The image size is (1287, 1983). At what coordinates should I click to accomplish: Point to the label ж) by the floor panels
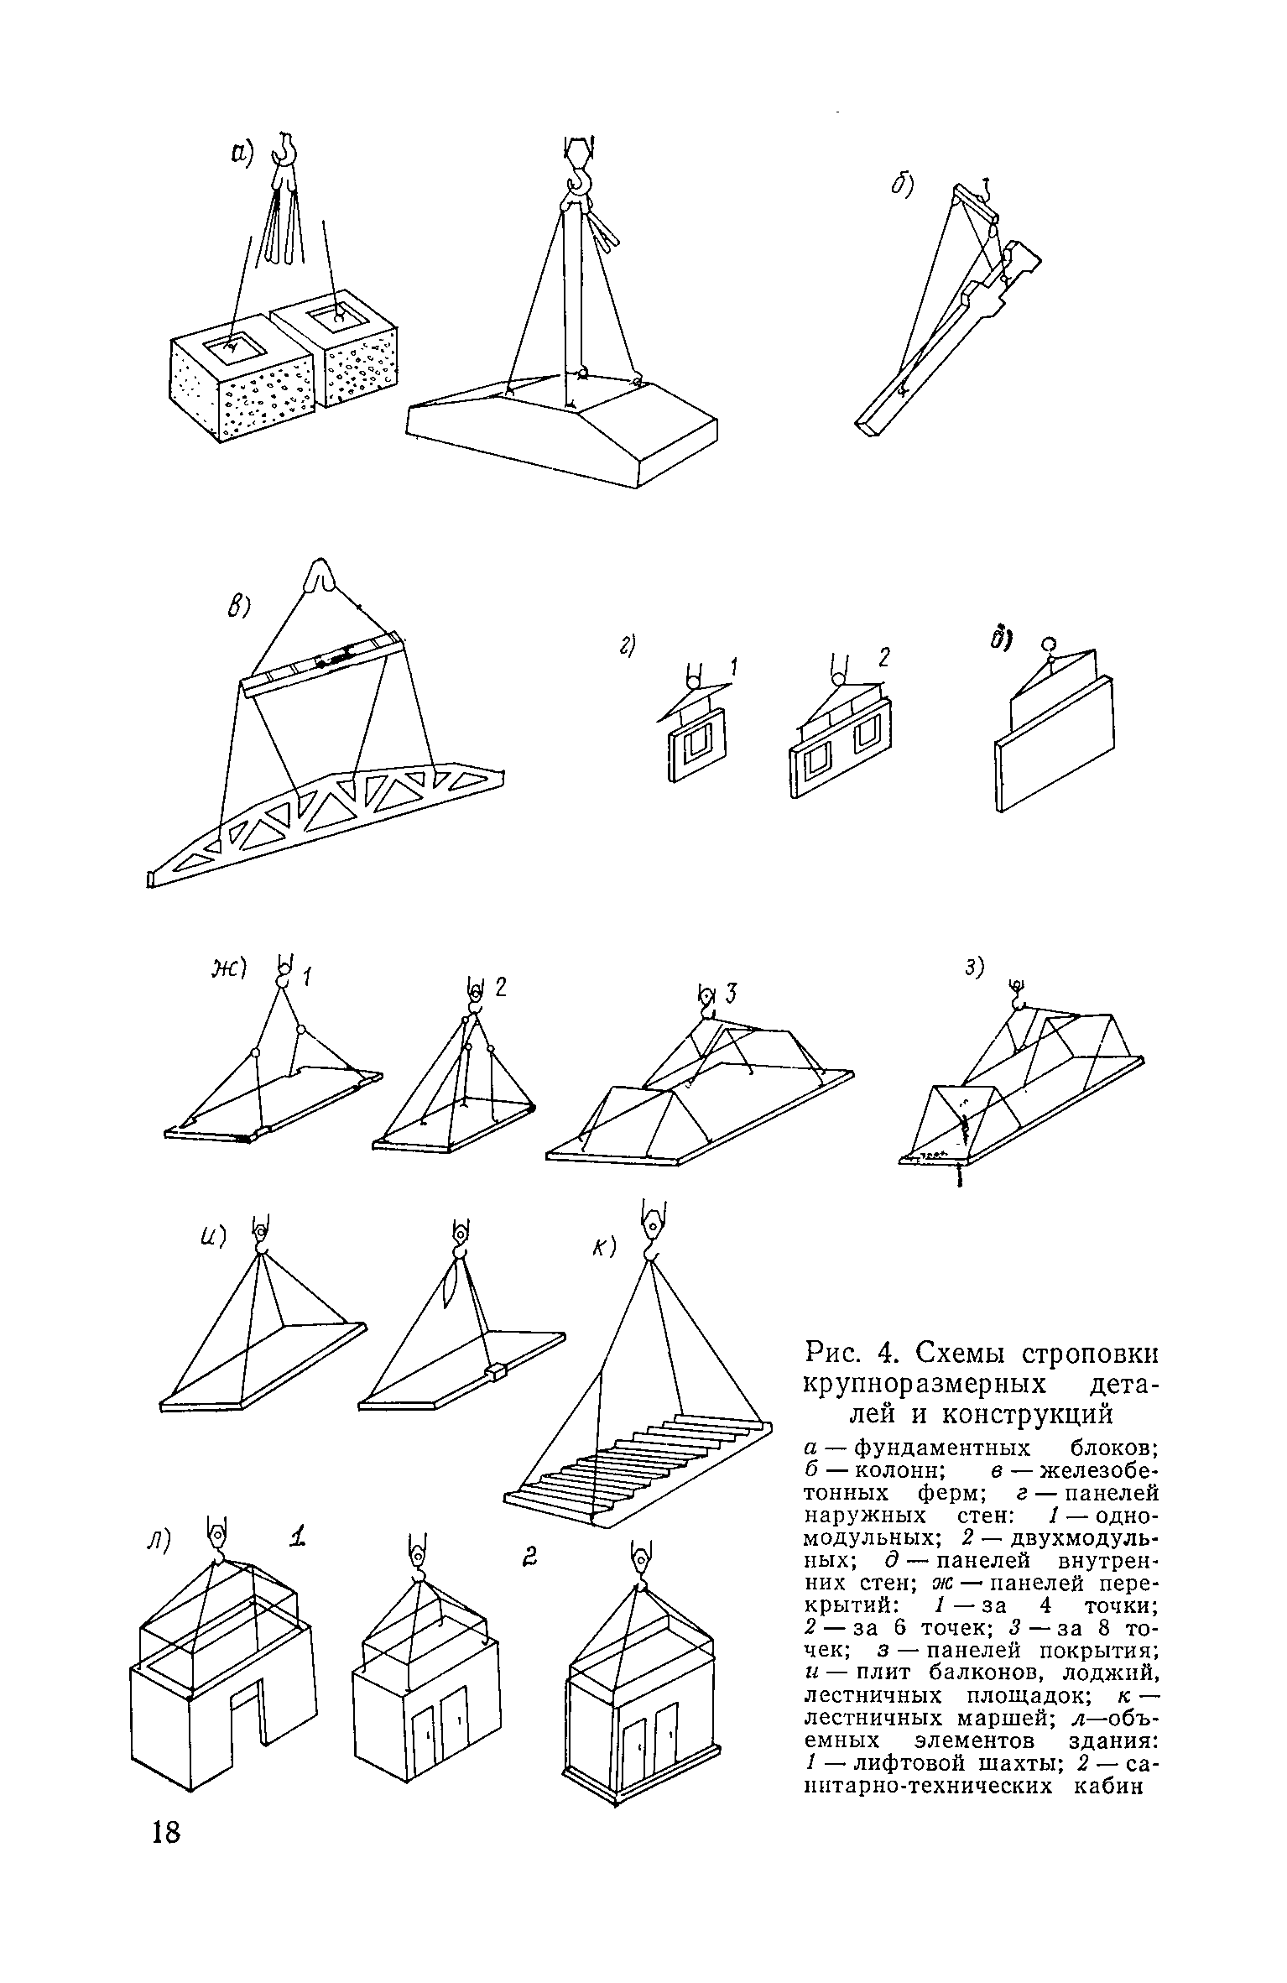point(229,970)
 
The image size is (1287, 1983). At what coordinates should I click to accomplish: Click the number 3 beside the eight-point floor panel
point(731,995)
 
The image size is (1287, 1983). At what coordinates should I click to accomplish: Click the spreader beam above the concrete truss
point(324,663)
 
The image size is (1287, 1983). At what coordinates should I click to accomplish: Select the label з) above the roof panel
point(973,968)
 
